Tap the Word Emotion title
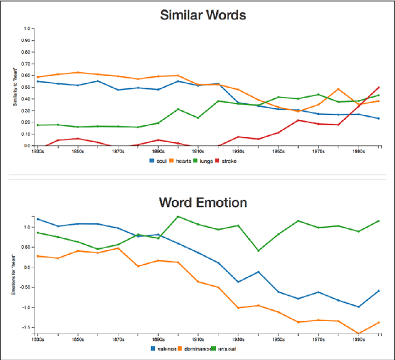(204, 202)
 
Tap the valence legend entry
(164, 348)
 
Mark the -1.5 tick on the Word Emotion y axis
(27, 327)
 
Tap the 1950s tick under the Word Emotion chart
(278, 340)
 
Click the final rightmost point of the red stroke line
(378, 87)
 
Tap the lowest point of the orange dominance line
(359, 333)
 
